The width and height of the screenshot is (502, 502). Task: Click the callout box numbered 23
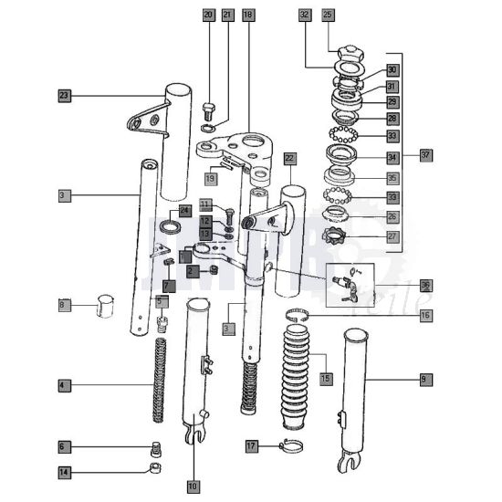click(x=64, y=95)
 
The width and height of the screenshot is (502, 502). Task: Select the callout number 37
click(x=425, y=154)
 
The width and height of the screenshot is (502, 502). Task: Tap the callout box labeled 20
click(x=208, y=15)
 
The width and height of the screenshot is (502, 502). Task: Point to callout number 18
click(x=248, y=15)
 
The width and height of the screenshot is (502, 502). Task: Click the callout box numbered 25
click(x=328, y=15)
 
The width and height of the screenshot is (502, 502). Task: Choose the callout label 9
click(x=424, y=378)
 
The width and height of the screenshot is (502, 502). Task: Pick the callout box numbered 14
click(x=64, y=472)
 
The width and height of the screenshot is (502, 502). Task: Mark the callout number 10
click(x=193, y=486)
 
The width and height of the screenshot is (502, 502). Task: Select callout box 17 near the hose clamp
click(x=252, y=445)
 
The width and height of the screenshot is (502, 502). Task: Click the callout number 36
click(x=425, y=285)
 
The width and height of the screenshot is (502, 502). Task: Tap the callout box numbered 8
click(x=63, y=304)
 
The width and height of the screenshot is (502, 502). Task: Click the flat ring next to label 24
click(x=170, y=226)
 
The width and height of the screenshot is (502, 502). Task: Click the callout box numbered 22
click(x=289, y=158)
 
